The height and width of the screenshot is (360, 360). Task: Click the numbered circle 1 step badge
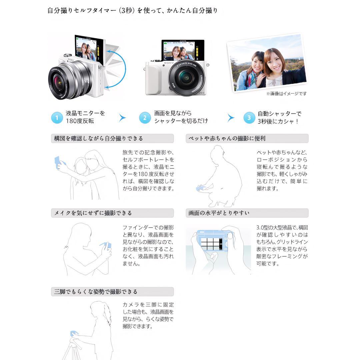point(57,118)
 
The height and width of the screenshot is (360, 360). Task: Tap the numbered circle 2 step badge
point(145,118)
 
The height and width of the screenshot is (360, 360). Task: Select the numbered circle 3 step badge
point(249,118)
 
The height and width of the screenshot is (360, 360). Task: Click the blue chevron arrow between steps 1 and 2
point(123,118)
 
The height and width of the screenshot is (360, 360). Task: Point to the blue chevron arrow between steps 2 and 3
point(231,118)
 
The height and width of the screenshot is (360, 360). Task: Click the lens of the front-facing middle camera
point(184,78)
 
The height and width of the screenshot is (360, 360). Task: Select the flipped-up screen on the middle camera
point(183,50)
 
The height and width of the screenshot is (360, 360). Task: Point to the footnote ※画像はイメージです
point(286,94)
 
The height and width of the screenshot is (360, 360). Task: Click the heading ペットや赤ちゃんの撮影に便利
point(227,138)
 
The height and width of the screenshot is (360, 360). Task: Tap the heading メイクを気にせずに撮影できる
point(93,213)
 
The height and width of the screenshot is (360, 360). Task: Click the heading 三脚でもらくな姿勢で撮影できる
point(96,292)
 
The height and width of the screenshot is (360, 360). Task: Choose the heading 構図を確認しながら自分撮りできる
point(98,138)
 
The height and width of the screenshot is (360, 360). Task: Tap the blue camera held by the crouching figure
point(201,189)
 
